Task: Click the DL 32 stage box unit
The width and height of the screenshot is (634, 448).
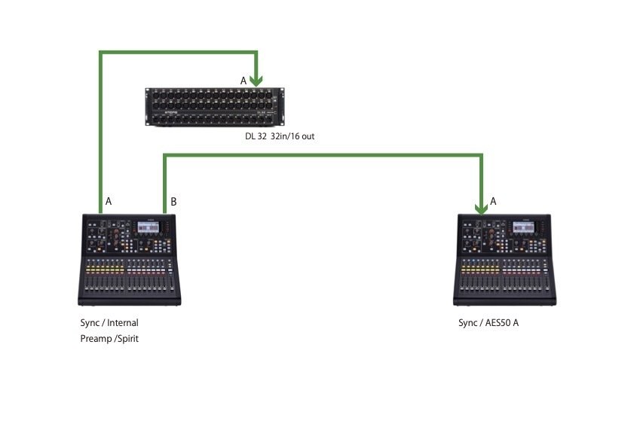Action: [x=215, y=108]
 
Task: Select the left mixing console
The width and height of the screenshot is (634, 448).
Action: [x=130, y=259]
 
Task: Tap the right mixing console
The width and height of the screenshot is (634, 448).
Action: [x=507, y=259]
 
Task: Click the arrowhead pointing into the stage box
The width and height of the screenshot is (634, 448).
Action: [x=258, y=80]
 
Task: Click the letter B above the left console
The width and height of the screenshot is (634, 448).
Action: [x=174, y=202]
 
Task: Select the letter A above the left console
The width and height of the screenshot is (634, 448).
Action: [x=109, y=202]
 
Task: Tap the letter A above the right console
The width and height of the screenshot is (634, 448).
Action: [x=494, y=201]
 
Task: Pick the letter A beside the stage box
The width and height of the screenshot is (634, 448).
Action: [x=243, y=81]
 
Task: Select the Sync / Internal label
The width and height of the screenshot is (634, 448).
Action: [x=109, y=322]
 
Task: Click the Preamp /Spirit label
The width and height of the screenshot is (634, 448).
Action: [x=109, y=339]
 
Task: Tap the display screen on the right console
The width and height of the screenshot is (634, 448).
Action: [x=522, y=228]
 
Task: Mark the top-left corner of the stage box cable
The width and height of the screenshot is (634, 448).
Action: [x=100, y=52]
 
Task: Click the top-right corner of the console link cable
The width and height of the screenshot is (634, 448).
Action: [x=482, y=156]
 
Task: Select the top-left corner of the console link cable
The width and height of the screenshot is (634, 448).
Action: [x=165, y=156]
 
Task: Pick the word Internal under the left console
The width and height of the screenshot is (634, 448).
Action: [x=123, y=322]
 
